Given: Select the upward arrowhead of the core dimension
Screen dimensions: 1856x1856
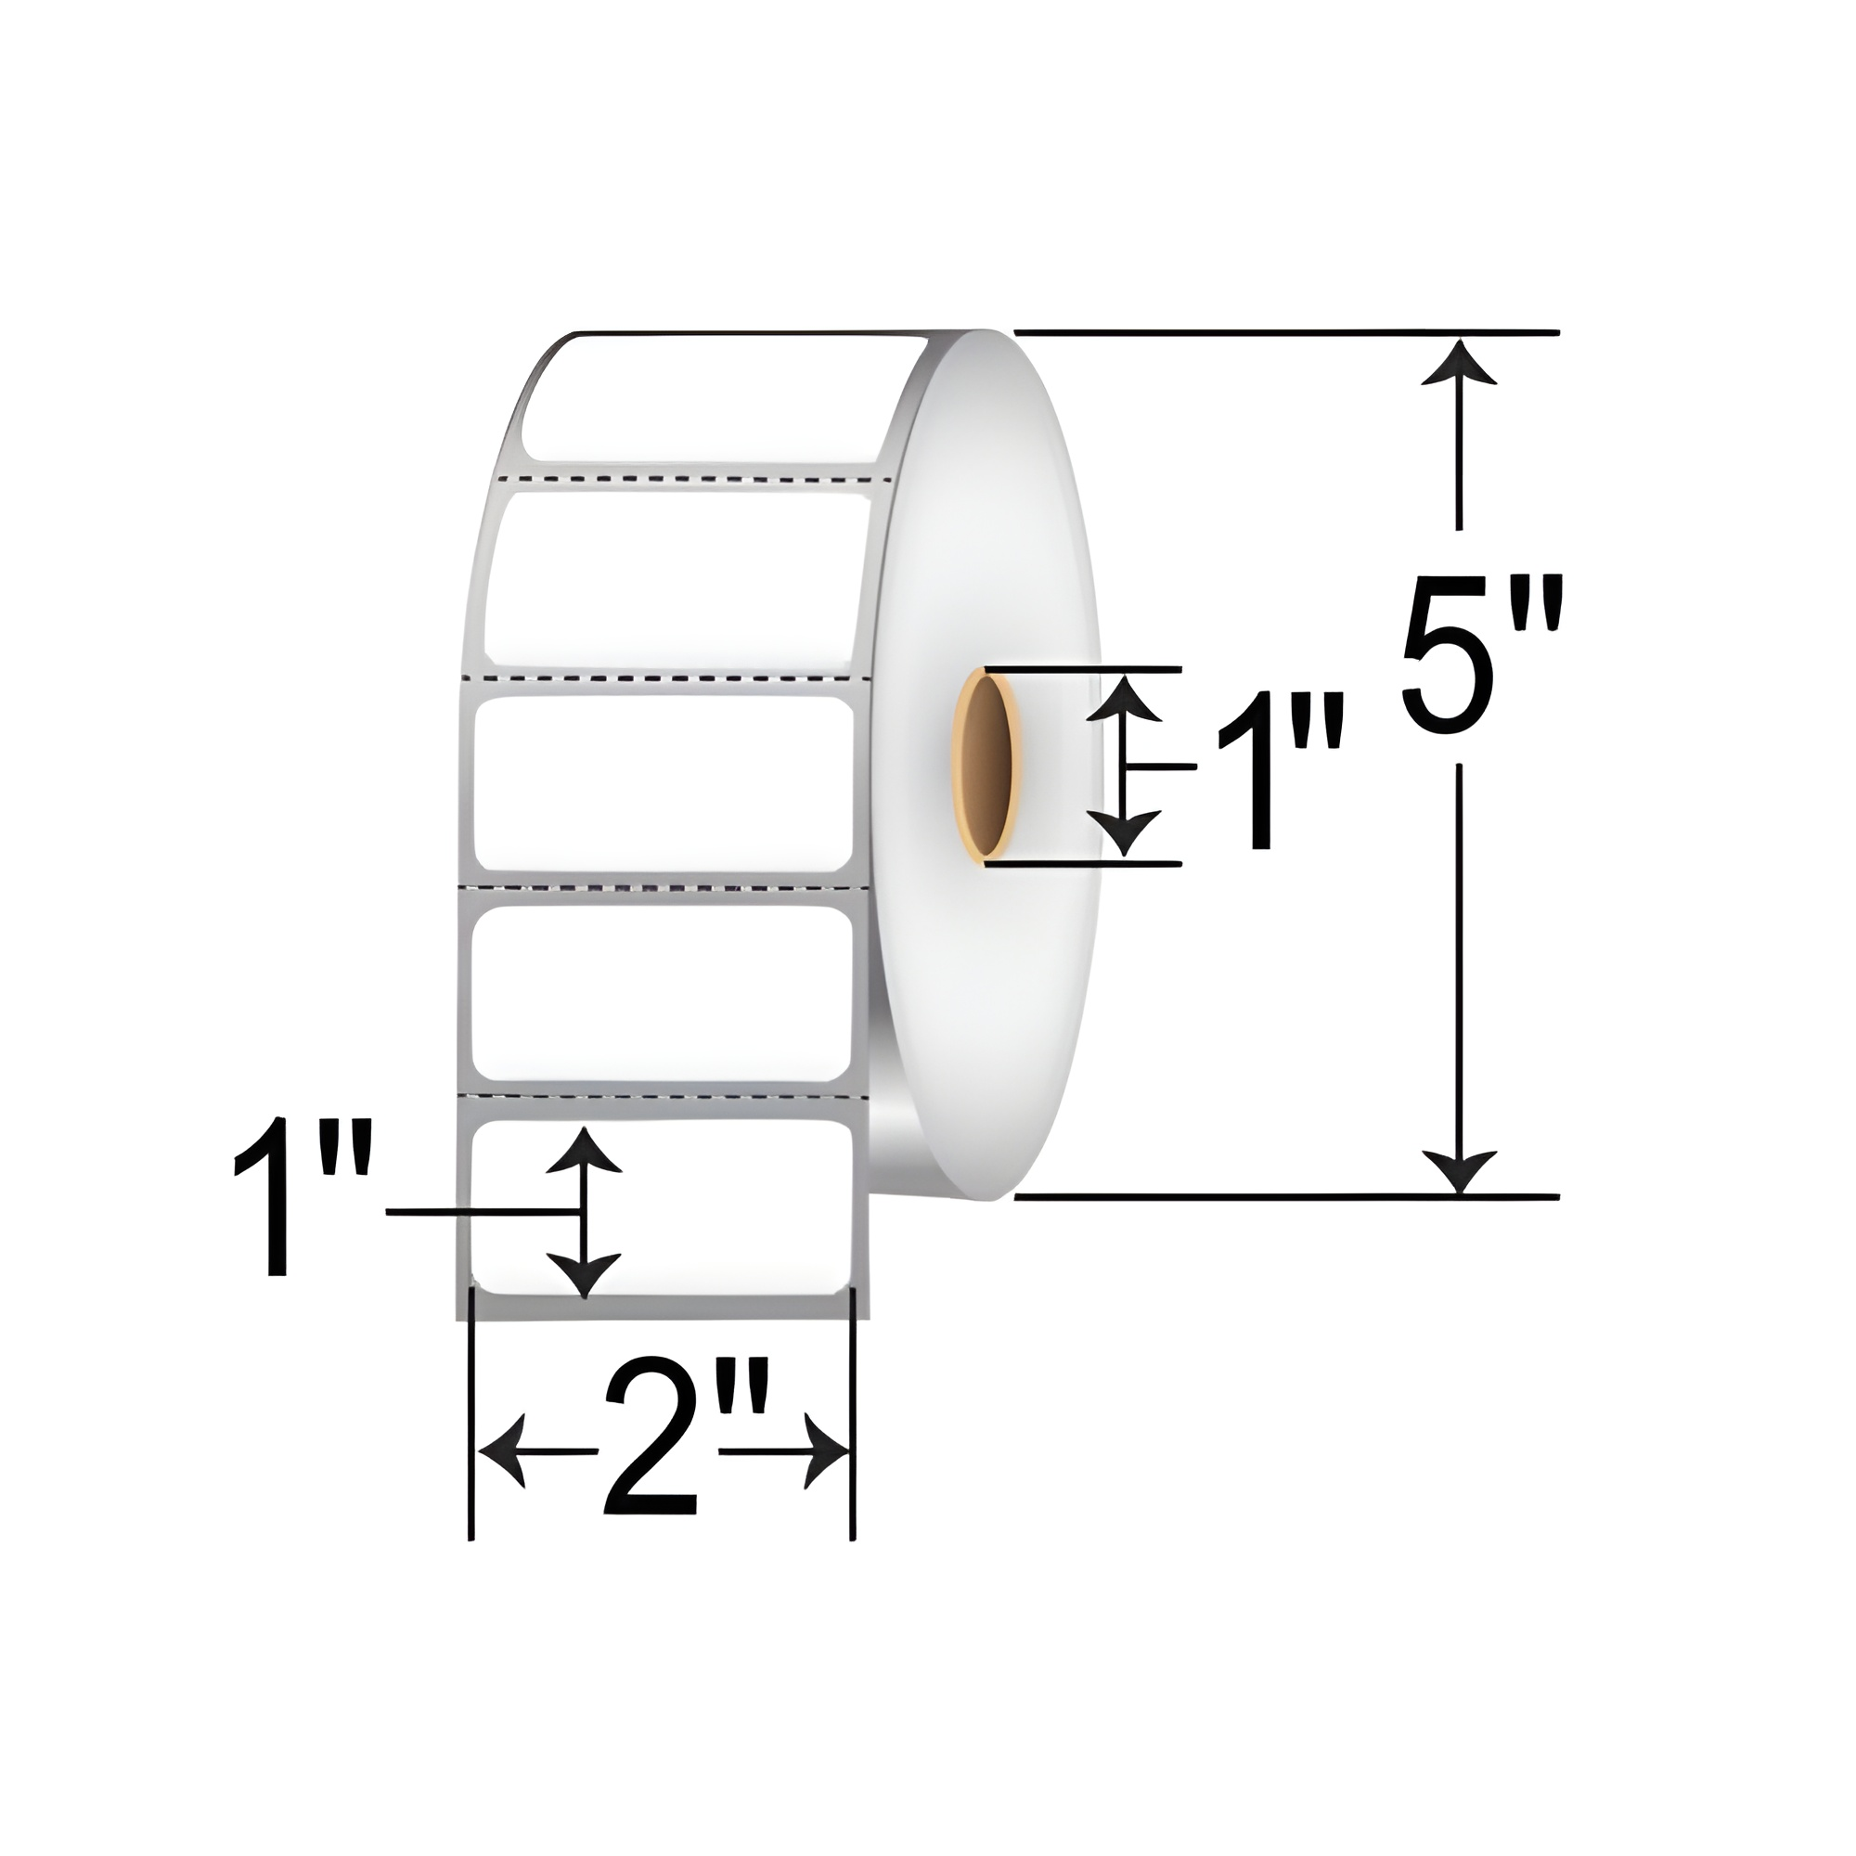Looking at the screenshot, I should point(1125,700).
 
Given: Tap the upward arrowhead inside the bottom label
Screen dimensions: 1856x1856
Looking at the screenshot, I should point(583,1150).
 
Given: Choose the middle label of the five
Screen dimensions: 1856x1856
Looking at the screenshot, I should point(663,783).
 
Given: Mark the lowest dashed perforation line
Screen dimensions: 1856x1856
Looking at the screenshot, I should point(663,1095).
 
